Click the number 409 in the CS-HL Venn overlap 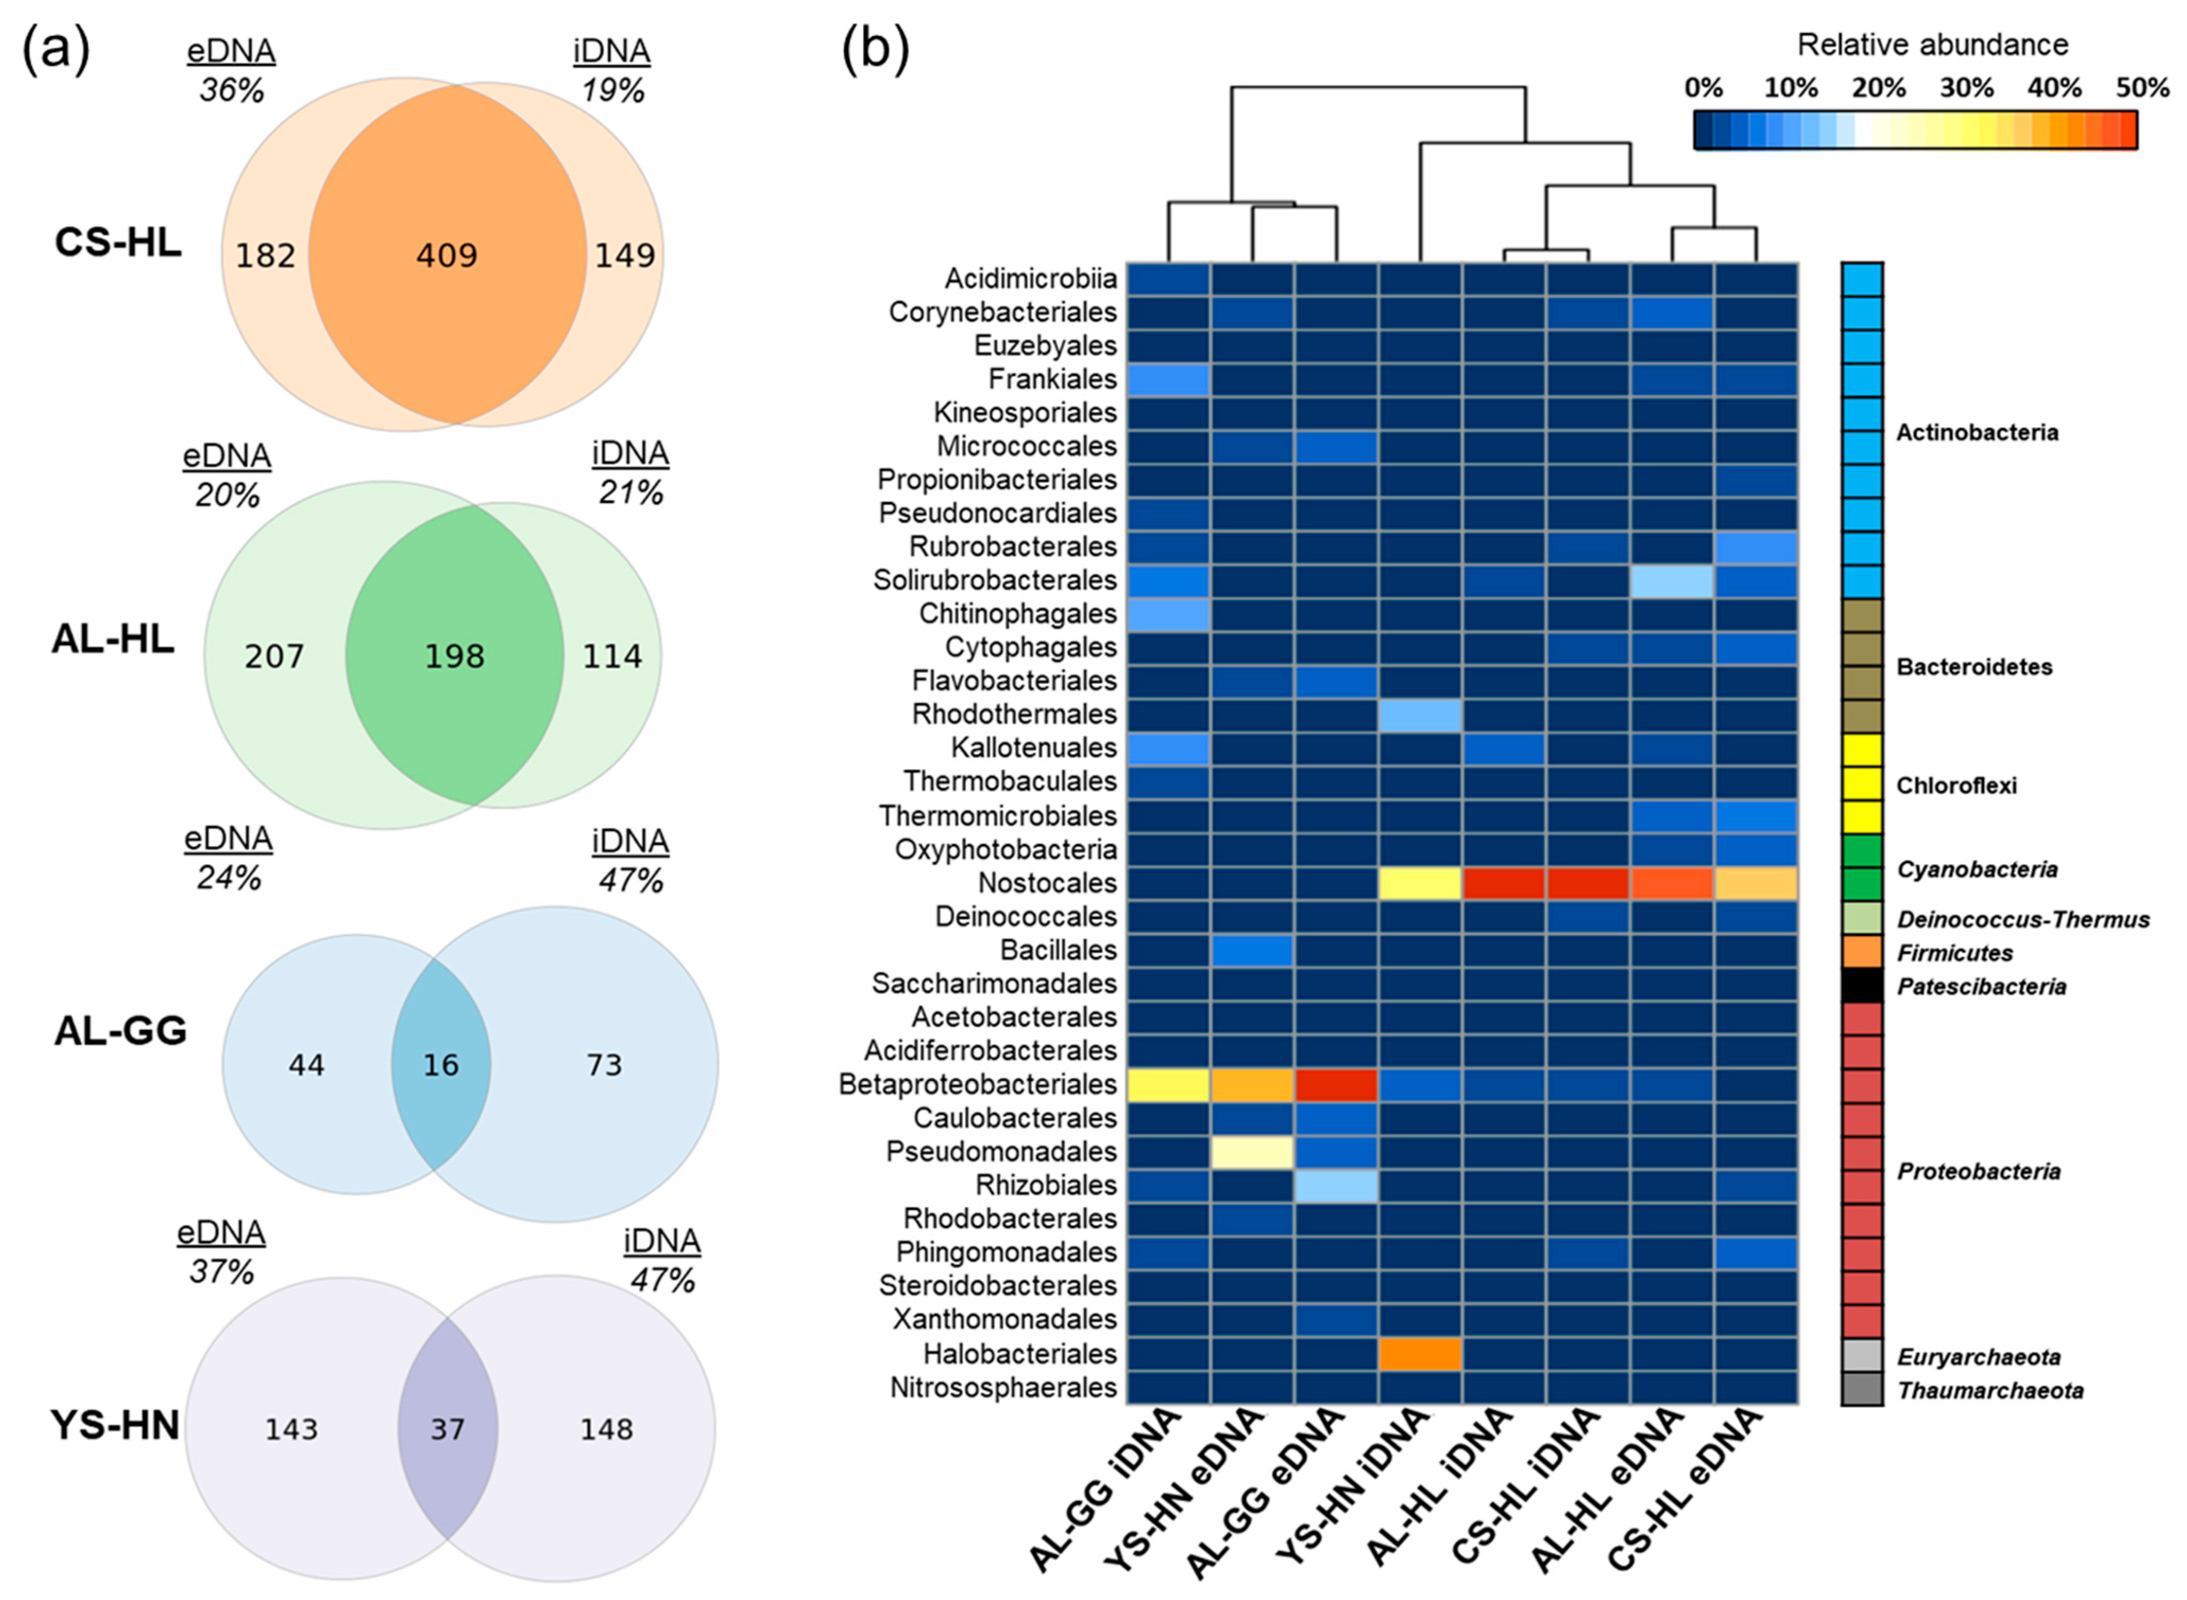(447, 256)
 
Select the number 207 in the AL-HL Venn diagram (274, 657)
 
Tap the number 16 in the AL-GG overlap (441, 1066)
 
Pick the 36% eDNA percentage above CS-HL (232, 90)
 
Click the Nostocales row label (1047, 883)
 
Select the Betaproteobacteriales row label (977, 1085)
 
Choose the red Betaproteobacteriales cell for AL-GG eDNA (1335, 1085)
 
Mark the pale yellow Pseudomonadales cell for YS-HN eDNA (1253, 1152)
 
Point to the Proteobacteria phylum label (1978, 1172)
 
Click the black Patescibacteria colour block (1861, 986)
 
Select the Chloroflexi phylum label (1955, 786)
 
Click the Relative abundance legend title (1932, 45)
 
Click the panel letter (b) (874, 48)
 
